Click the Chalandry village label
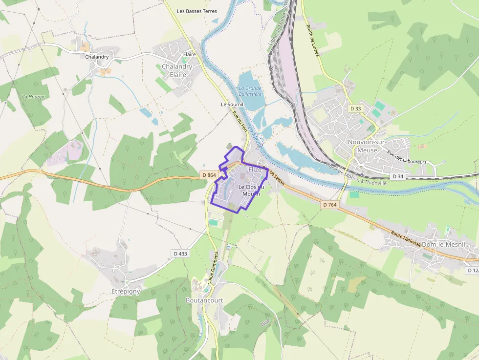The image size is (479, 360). tap(97, 57)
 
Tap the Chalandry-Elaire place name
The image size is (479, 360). tap(177, 70)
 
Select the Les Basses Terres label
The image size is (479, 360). tap(197, 11)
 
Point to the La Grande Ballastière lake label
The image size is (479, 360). tap(250, 91)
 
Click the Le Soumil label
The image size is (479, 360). tap(232, 105)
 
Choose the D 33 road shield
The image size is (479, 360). tap(355, 108)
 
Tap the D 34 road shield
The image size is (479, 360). tap(398, 176)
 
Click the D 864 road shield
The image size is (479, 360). tap(209, 174)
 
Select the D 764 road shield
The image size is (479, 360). tap(330, 205)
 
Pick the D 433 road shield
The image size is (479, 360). tap(180, 254)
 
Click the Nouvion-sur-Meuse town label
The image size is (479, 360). tap(367, 146)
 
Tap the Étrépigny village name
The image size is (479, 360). tap(123, 291)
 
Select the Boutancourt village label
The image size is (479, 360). tap(204, 300)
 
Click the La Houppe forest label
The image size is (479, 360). tap(34, 97)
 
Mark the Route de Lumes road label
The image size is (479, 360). tap(313, 40)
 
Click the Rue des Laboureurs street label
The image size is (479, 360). tap(407, 157)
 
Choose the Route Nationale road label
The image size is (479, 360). tap(406, 239)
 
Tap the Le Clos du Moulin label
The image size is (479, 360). tap(251, 191)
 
